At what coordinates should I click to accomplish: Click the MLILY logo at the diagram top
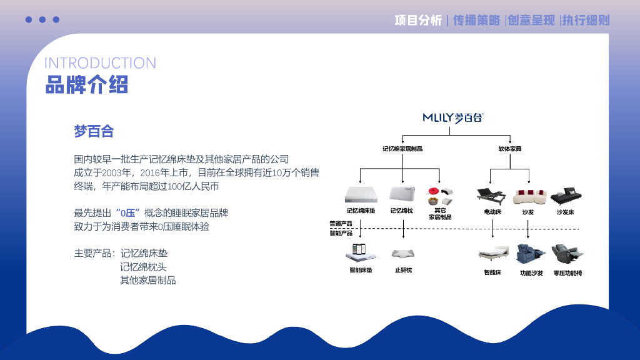[453, 117]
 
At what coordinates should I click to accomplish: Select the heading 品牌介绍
[86, 84]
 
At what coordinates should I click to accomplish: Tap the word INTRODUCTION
[100, 63]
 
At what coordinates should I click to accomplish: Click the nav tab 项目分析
[418, 20]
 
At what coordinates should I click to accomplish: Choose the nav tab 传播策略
[476, 20]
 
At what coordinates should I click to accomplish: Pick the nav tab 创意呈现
[531, 20]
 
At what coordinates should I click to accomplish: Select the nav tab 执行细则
[586, 20]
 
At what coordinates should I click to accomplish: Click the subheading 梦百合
[94, 131]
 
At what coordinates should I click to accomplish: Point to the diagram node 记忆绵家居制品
[402, 149]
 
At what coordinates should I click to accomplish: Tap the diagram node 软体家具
[509, 149]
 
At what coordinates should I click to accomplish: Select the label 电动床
[492, 212]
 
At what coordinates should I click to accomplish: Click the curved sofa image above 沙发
[528, 196]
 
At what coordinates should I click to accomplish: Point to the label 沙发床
[565, 212]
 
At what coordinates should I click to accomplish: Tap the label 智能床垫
[361, 270]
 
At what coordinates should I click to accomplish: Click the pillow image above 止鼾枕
[402, 253]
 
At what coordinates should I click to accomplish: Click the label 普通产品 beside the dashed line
[341, 224]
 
